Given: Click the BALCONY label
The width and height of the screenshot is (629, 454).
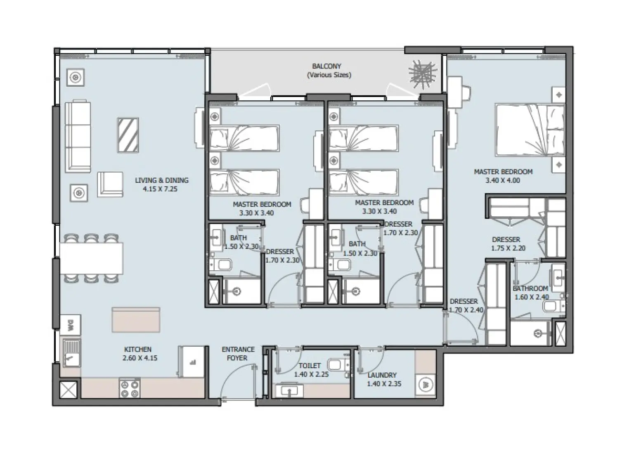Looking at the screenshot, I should click(x=326, y=66).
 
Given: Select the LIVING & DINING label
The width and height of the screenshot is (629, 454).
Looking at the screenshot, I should click(x=162, y=180).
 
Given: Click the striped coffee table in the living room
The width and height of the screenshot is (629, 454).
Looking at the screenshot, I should click(x=128, y=135).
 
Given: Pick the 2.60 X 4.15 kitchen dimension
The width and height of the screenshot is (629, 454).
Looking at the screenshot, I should click(x=140, y=358).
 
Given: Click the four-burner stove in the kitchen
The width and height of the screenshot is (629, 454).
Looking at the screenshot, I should click(x=130, y=388).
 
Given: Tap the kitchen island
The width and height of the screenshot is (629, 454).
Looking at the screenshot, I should click(x=135, y=319).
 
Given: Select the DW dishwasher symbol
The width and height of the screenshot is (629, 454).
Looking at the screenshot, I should click(x=71, y=324).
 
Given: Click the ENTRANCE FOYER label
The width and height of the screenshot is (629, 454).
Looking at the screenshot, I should click(x=238, y=354).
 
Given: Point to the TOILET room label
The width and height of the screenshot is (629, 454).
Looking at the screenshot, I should click(x=310, y=366).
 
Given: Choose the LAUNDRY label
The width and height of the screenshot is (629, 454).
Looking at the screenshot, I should click(x=382, y=375).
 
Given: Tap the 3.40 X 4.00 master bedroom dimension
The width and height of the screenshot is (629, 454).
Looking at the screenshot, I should click(x=503, y=180).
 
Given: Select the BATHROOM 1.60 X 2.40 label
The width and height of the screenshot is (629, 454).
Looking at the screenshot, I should click(x=531, y=293).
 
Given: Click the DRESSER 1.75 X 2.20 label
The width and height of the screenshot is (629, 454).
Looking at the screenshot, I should click(x=506, y=244).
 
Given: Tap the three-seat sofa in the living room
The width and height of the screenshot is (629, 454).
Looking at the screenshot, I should click(x=78, y=136).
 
